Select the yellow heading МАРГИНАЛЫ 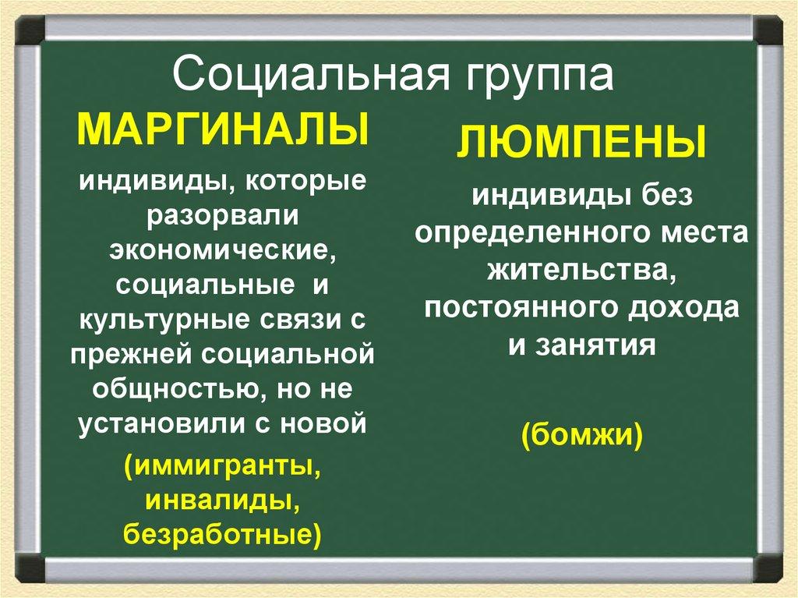tap(222, 129)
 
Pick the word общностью tap(173, 389)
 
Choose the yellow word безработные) tap(222, 535)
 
